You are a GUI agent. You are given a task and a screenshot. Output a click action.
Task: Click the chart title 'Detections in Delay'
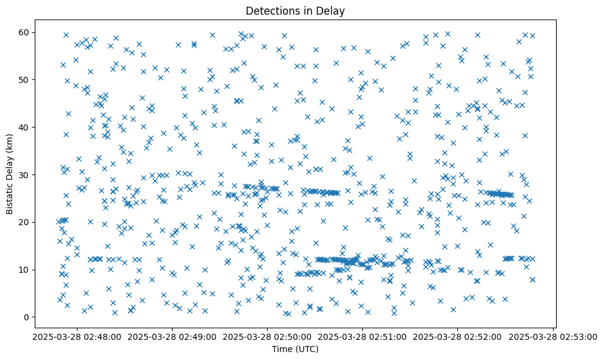(x=295, y=10)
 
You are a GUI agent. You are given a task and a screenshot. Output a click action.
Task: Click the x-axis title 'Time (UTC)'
(x=295, y=349)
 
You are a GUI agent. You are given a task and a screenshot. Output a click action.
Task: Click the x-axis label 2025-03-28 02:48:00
(x=77, y=336)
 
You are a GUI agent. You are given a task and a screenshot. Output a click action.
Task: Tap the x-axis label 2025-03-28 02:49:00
(x=172, y=336)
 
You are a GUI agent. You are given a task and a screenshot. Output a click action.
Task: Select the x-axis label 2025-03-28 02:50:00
(x=267, y=336)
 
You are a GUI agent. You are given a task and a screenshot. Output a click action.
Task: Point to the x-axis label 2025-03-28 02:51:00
(x=363, y=336)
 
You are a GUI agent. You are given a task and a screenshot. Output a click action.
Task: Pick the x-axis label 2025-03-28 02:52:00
(x=458, y=336)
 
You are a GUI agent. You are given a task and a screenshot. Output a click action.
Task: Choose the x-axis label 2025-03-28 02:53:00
(x=553, y=336)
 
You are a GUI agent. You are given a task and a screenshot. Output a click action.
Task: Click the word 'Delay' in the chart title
(x=333, y=10)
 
